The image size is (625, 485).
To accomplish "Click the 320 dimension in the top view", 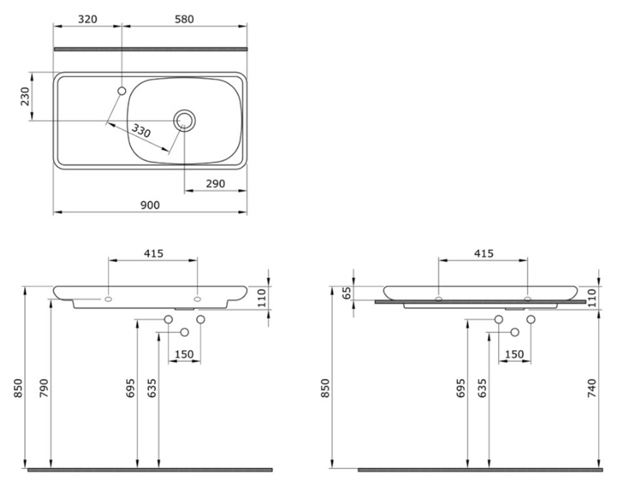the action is click(87, 19).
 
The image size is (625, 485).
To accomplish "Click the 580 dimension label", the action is click(184, 19).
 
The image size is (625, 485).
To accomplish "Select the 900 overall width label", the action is click(150, 205).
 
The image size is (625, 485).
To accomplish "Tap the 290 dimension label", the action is click(215, 184).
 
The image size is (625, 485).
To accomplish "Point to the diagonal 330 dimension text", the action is click(141, 130).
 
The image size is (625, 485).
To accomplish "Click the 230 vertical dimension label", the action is click(25, 96).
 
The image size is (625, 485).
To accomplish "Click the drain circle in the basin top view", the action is click(184, 119).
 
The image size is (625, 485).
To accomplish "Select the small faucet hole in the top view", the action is click(122, 91).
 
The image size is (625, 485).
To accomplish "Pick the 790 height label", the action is click(43, 389).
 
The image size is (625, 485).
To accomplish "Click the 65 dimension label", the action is click(347, 293).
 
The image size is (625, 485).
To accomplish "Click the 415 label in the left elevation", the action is click(154, 253).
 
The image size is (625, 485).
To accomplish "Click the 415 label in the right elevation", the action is click(484, 253).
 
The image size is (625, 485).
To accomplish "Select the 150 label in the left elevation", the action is click(184, 354).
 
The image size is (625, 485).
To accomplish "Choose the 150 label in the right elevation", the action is click(514, 354).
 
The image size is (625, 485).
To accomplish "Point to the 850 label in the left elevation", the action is click(18, 389).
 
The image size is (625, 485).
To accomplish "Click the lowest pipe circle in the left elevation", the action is click(184, 332).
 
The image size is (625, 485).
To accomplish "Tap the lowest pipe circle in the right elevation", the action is click(515, 332).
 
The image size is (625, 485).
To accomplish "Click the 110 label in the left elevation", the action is click(261, 298).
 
